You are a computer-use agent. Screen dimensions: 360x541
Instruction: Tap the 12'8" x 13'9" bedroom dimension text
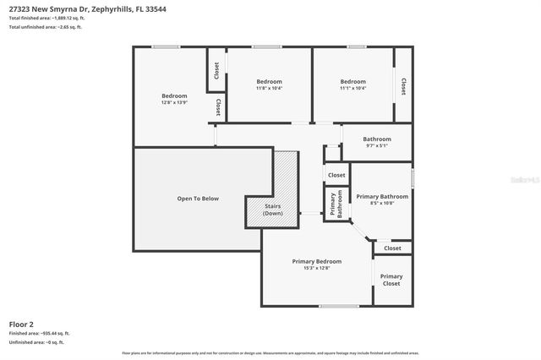(x=174, y=102)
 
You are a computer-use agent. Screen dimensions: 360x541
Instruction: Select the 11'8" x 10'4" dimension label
(x=269, y=88)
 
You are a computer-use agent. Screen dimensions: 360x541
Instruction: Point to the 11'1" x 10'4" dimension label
(x=352, y=88)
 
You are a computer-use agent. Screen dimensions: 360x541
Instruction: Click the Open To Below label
(x=198, y=199)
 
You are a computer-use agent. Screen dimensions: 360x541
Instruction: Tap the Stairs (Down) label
(x=272, y=210)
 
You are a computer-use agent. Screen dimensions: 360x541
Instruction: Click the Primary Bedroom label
(x=316, y=261)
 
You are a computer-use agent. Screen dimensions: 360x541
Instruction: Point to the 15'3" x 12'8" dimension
(x=316, y=269)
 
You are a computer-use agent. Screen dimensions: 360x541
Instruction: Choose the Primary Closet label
(x=391, y=280)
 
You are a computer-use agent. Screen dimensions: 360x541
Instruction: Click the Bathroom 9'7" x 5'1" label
(x=377, y=142)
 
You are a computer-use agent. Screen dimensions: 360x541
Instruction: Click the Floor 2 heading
(x=21, y=324)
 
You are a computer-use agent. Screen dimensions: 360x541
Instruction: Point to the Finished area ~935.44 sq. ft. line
(x=39, y=334)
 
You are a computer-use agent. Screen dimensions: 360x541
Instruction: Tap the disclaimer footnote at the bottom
(x=270, y=352)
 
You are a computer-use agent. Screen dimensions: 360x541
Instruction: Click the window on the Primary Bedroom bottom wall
(x=339, y=306)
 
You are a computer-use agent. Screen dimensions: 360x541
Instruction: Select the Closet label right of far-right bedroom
(x=403, y=86)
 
